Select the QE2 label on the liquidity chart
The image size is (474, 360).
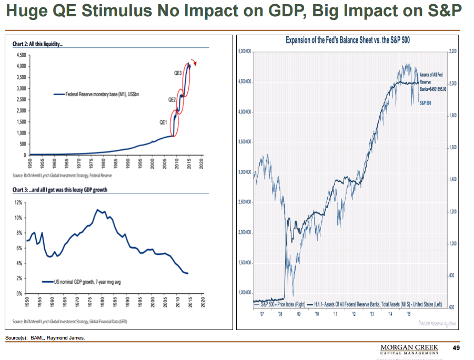tap(172, 99)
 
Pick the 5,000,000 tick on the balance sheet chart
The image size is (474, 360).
tap(245, 52)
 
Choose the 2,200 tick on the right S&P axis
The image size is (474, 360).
tap(453, 52)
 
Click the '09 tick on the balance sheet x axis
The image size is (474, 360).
tap(298, 313)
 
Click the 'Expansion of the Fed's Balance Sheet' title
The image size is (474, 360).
tap(348, 40)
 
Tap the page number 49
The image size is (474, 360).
tap(456, 348)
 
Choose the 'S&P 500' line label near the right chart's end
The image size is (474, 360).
tap(425, 103)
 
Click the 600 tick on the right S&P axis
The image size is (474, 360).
tap(451, 307)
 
